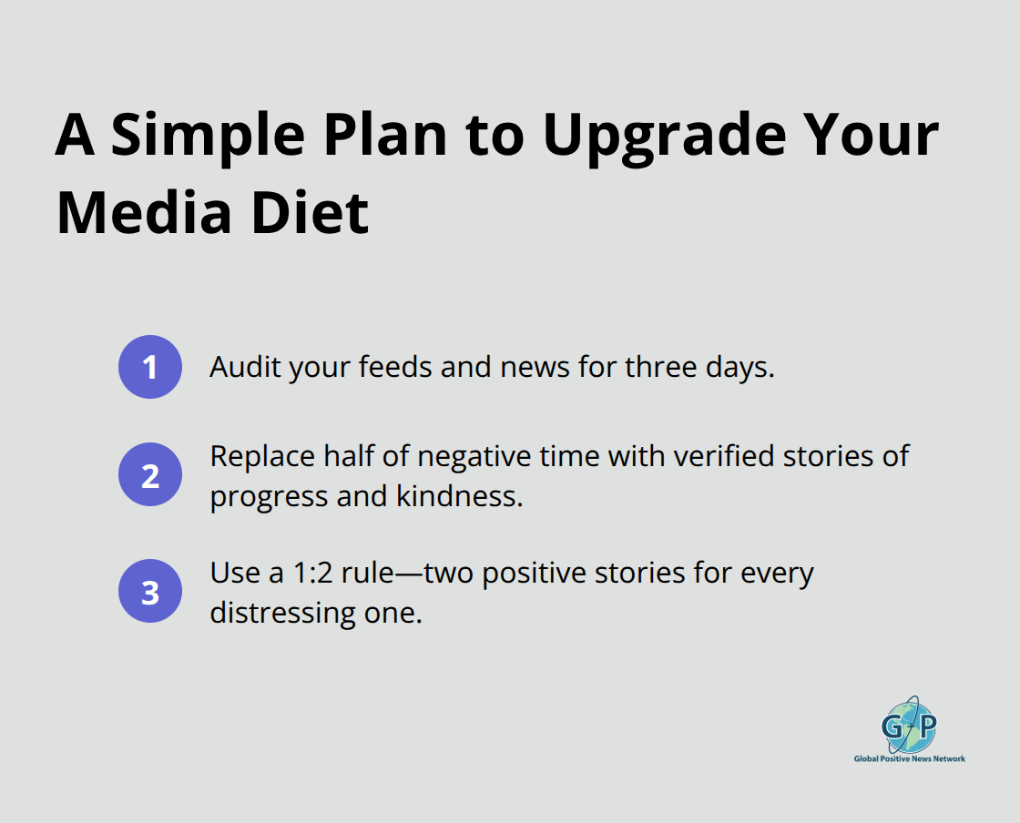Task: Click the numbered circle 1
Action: [x=150, y=367]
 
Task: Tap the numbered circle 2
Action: [x=150, y=474]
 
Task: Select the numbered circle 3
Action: [x=150, y=591]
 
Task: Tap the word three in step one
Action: [x=653, y=367]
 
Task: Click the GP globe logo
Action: [x=908, y=726]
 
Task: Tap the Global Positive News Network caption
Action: [x=909, y=758]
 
